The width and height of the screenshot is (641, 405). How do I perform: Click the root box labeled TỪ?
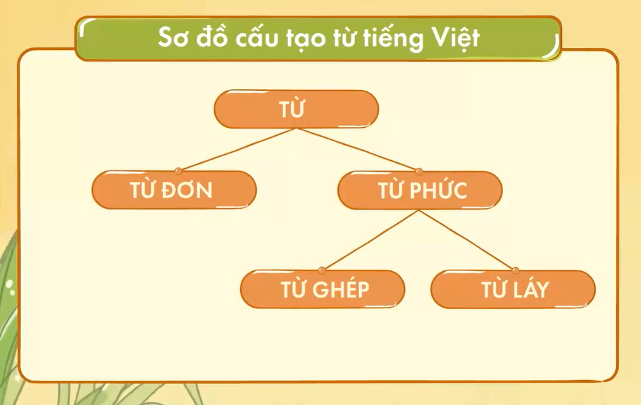click(296, 110)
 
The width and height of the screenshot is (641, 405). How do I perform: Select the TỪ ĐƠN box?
click(174, 190)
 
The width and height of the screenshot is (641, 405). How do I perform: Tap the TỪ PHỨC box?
click(420, 190)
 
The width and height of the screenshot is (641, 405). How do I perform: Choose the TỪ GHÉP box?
click(323, 289)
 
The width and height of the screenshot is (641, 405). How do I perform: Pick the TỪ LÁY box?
click(513, 289)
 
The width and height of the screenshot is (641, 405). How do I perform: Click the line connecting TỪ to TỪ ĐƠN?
click(237, 149)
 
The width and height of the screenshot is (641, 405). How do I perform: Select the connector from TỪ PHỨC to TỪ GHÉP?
click(371, 240)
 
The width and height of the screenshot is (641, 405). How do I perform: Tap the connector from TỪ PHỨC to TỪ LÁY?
click(467, 240)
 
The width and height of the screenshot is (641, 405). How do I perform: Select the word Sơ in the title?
click(172, 38)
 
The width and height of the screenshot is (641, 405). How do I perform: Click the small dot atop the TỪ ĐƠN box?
click(178, 170)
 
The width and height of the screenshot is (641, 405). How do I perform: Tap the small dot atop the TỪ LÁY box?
click(516, 270)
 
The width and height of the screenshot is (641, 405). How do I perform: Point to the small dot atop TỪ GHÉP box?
click(323, 270)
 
